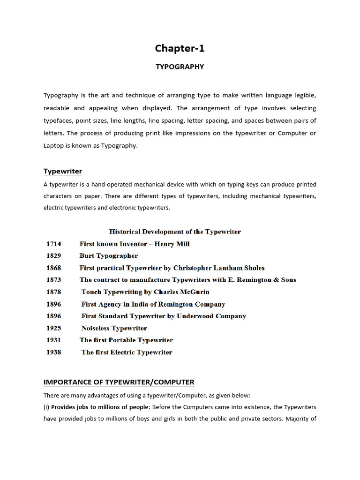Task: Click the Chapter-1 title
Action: click(x=180, y=48)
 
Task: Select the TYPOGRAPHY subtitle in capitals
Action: click(x=180, y=67)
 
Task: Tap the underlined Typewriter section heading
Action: click(x=63, y=171)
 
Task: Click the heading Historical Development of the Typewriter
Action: click(x=175, y=232)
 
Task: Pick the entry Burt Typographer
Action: click(x=109, y=256)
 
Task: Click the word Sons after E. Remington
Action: click(x=287, y=280)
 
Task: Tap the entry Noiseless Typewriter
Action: click(x=114, y=328)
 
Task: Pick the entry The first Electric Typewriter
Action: click(x=127, y=352)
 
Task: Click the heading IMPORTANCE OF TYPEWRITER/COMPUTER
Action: click(x=119, y=382)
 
